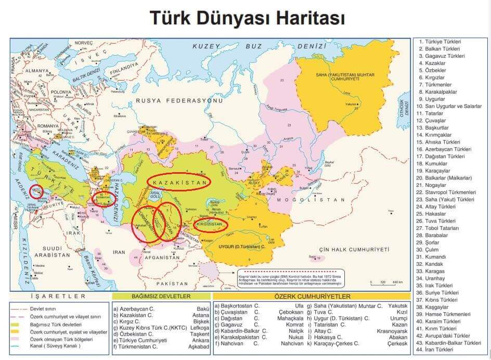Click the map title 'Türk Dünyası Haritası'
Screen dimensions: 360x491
click(248, 17)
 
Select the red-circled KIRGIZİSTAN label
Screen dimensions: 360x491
click(212, 225)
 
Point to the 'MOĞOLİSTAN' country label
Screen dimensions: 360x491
click(311, 200)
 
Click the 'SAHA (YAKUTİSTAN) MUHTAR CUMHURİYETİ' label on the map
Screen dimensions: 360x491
click(345, 77)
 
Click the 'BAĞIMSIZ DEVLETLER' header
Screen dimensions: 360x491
click(151, 297)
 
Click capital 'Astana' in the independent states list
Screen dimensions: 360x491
click(200, 315)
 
